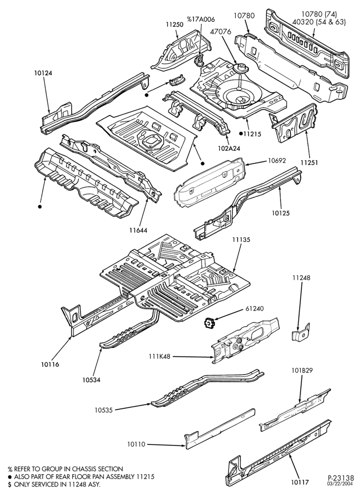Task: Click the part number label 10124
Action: click(x=43, y=73)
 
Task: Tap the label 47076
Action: click(x=222, y=32)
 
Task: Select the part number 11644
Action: click(x=138, y=231)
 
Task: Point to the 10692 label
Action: click(x=277, y=160)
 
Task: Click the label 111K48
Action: click(x=160, y=357)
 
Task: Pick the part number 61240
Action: click(x=255, y=308)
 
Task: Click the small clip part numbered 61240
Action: click(x=209, y=323)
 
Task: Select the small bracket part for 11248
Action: click(x=301, y=333)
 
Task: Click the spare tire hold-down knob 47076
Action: click(x=240, y=68)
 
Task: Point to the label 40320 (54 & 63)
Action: click(x=319, y=22)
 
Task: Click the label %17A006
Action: click(x=200, y=20)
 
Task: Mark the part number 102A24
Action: click(x=229, y=148)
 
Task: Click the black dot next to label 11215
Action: click(x=240, y=134)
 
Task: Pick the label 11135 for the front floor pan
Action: click(x=241, y=240)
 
